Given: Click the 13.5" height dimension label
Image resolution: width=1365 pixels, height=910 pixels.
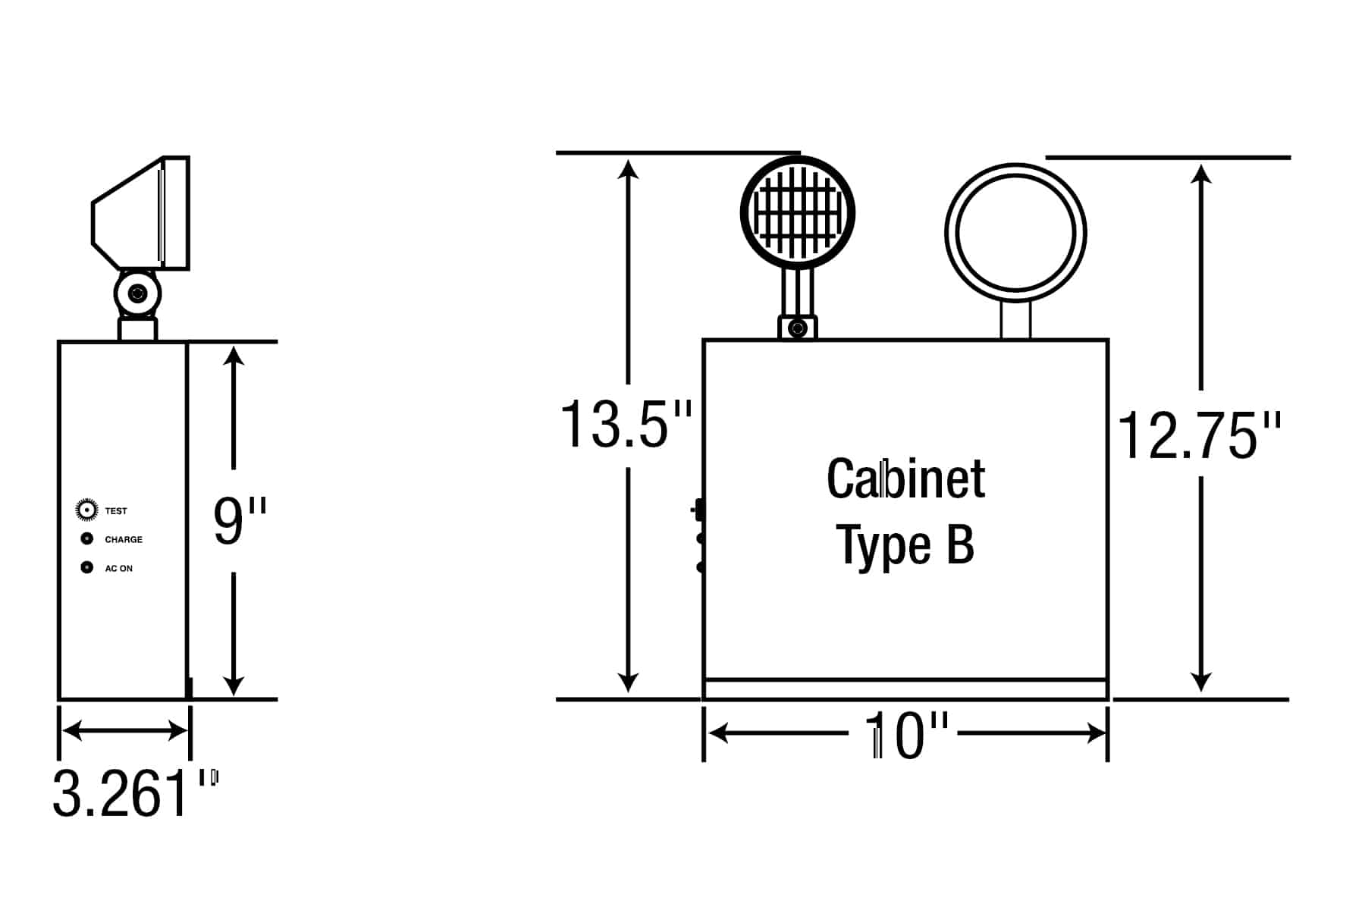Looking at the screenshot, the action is [x=626, y=425].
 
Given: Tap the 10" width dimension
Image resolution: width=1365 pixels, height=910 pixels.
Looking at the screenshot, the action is [x=906, y=735].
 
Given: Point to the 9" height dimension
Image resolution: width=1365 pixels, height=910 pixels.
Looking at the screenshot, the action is [x=240, y=521].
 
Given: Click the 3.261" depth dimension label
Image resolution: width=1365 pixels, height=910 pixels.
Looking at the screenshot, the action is [x=136, y=793].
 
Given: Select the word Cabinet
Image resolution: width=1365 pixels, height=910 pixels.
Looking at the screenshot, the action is [x=905, y=479].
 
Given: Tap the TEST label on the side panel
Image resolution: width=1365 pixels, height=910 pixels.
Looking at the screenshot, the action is [x=116, y=511].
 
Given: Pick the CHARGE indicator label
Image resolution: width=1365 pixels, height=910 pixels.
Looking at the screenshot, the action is [x=124, y=540].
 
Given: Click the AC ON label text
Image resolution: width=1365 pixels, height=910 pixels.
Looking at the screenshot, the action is [x=118, y=569].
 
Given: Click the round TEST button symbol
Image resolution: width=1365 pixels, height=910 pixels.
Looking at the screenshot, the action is [x=87, y=510].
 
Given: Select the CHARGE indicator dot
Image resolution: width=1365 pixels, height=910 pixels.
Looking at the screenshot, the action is [x=87, y=539].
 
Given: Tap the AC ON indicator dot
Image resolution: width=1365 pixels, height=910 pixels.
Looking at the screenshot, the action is [x=87, y=567].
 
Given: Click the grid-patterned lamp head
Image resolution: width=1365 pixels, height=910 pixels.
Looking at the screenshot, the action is [x=798, y=212].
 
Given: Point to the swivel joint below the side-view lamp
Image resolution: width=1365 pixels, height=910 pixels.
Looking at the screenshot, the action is [x=137, y=293].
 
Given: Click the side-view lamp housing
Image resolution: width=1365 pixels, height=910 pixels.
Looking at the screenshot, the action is [x=140, y=213].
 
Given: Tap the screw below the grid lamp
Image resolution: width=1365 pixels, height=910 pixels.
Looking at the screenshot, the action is [x=797, y=328].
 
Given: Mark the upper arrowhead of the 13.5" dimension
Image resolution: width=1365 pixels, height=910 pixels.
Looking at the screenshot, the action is [x=628, y=168].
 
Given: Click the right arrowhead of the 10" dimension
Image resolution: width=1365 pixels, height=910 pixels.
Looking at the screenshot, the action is [x=1097, y=733].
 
